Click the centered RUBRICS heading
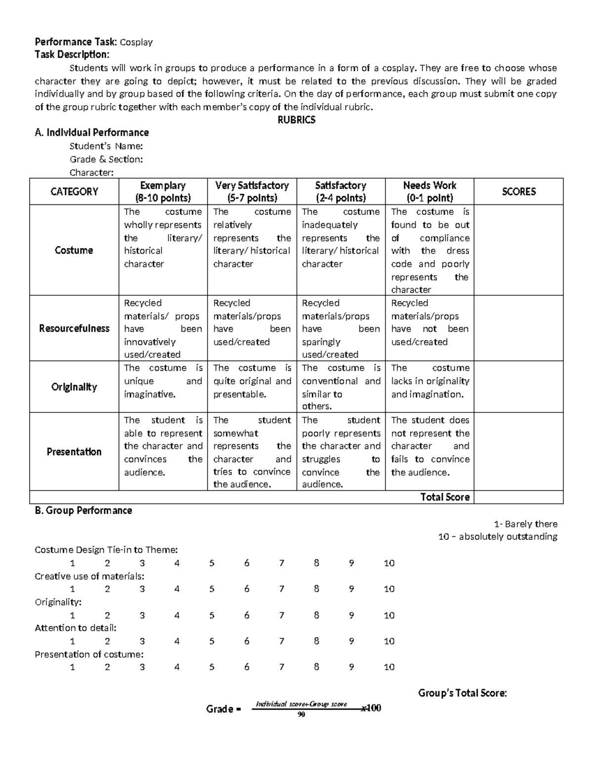296,120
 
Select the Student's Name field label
106,146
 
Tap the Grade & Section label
106,159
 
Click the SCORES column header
518,192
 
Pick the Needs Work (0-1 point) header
429,192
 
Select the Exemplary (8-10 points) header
163,192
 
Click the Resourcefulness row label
74,328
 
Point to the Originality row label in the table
74,387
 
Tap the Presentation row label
74,451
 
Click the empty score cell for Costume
518,250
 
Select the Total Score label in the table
445,497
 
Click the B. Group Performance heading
83,511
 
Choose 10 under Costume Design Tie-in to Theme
389,563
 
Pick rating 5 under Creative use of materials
212,589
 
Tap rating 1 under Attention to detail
73,641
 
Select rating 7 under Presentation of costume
282,667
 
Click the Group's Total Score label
462,693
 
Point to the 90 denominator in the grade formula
301,715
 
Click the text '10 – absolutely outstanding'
497,537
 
